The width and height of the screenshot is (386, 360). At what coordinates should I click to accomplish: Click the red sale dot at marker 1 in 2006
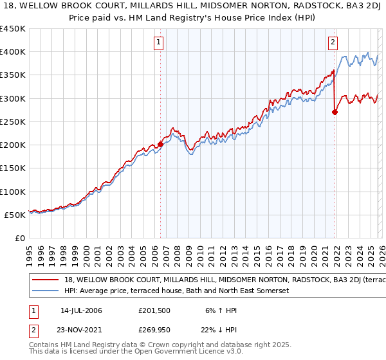point(160,145)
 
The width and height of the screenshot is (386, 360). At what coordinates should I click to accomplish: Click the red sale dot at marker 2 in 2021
point(335,113)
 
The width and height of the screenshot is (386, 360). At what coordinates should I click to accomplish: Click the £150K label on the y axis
point(13,168)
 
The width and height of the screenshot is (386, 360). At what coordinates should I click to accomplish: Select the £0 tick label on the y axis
point(19,239)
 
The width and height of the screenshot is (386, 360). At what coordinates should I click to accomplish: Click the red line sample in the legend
point(45,281)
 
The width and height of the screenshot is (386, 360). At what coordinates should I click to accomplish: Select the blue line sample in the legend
point(45,291)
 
